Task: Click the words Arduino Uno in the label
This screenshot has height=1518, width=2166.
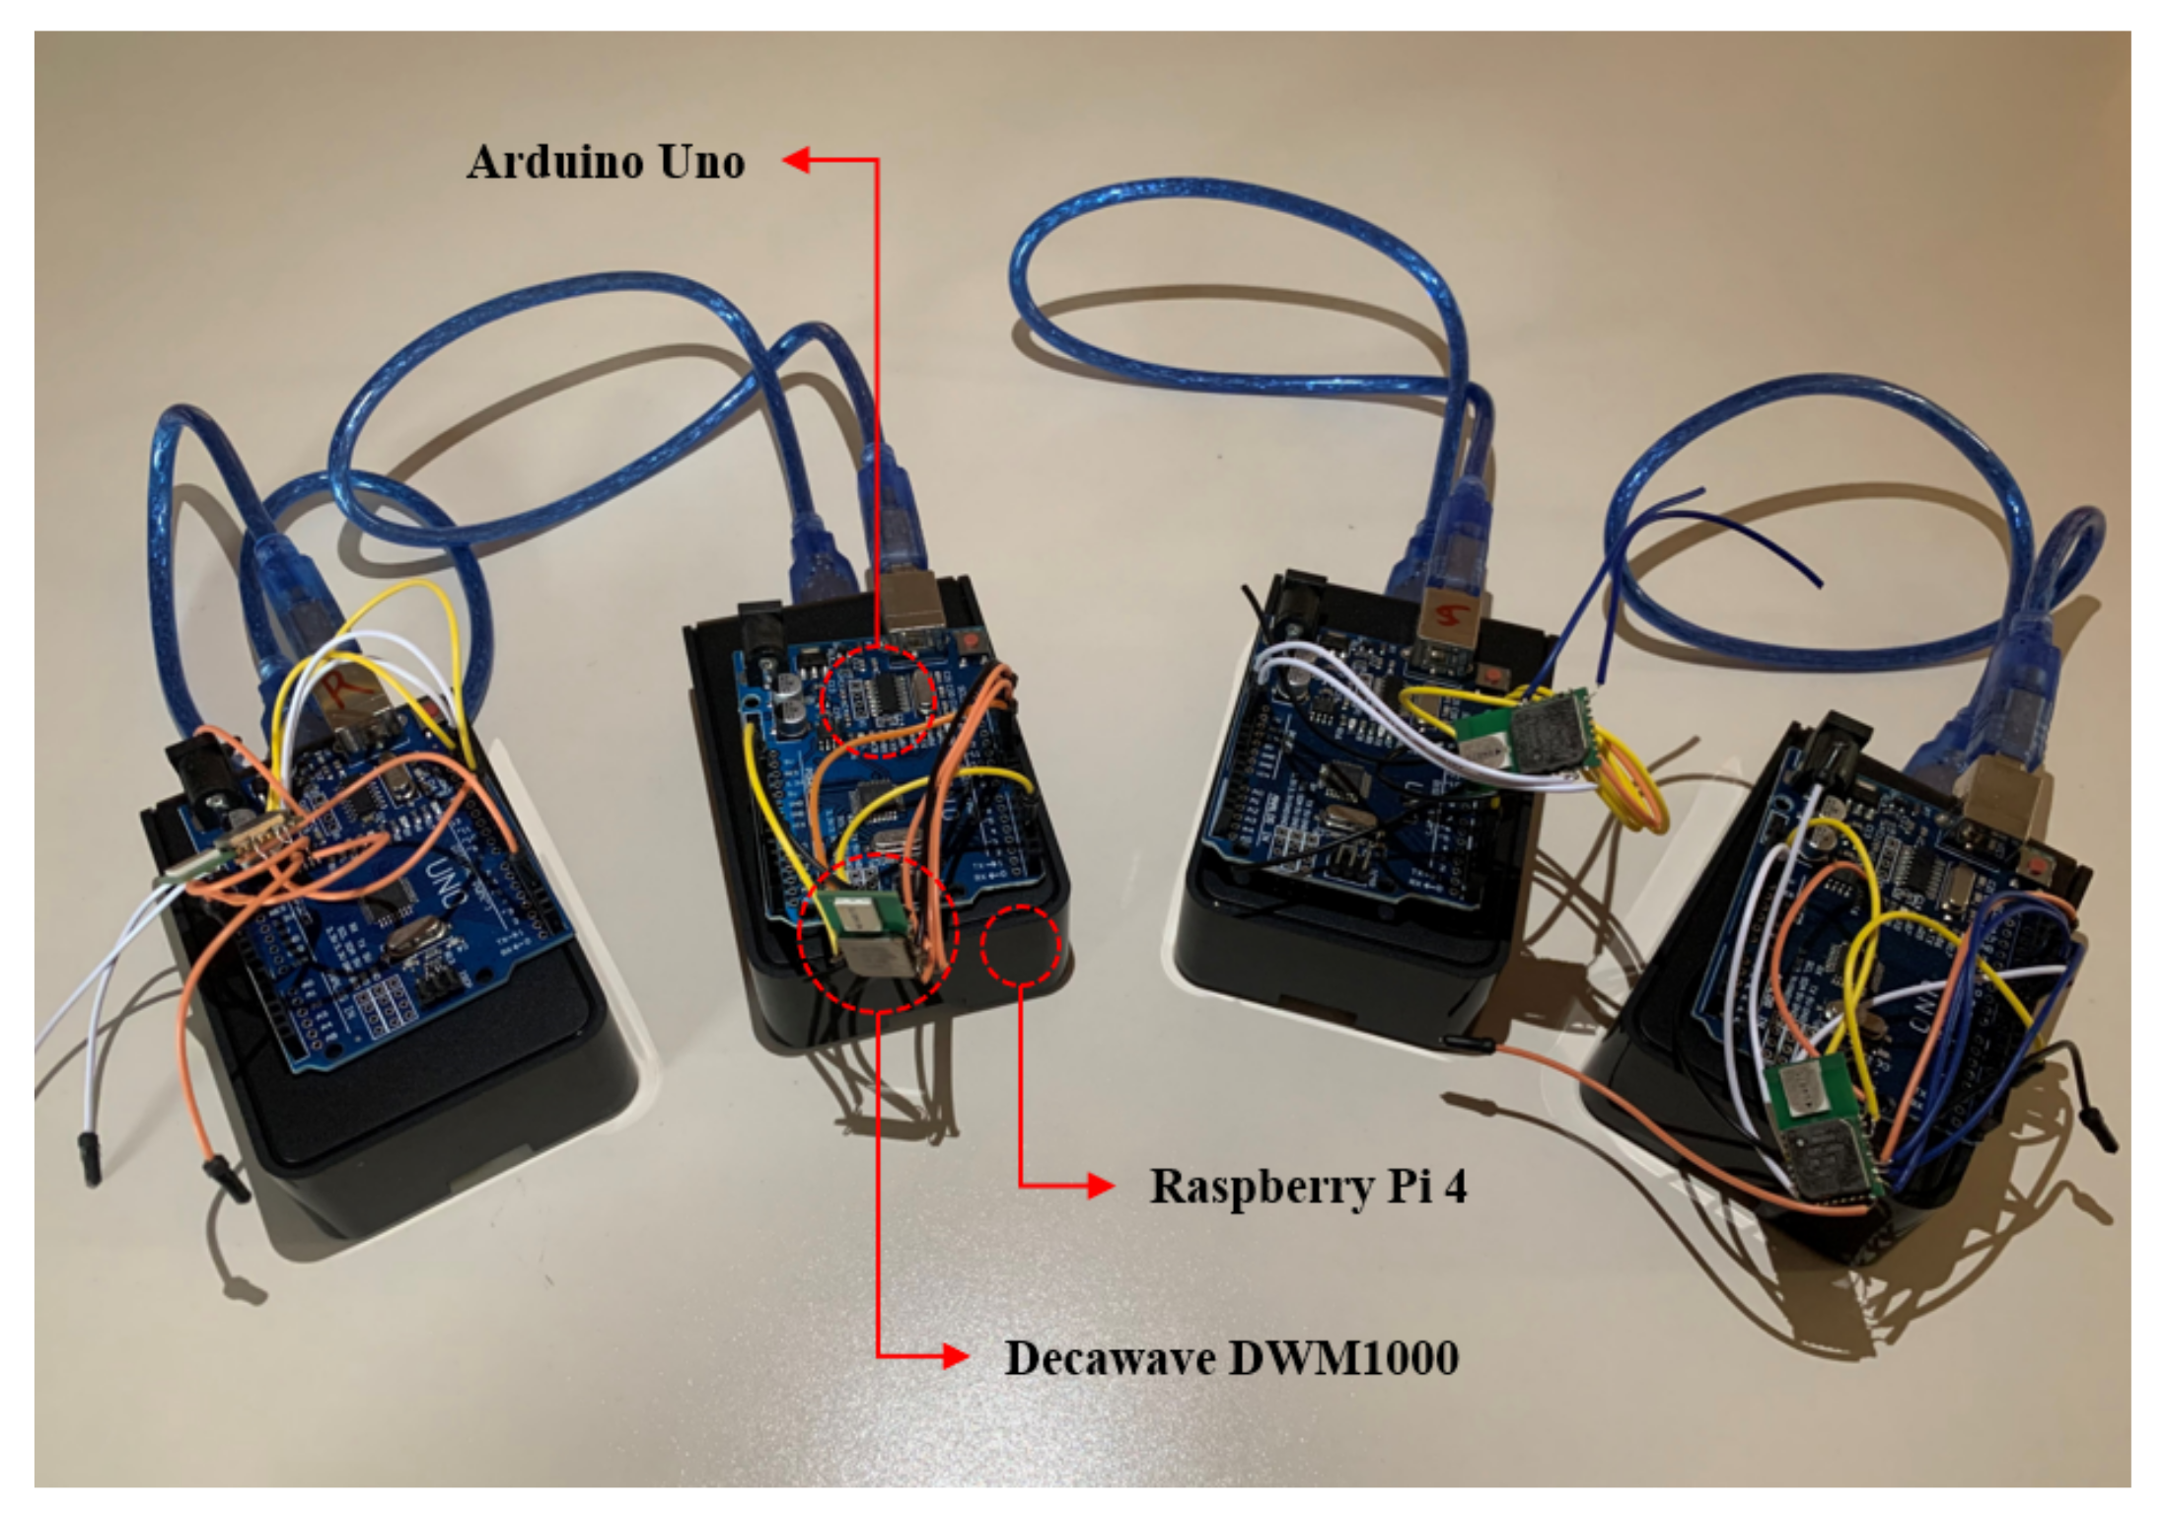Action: click(606, 162)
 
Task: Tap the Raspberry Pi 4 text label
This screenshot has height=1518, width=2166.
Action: click(1308, 1186)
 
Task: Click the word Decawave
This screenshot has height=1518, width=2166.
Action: click(1109, 1358)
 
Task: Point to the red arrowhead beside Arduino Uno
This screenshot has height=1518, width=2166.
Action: click(797, 160)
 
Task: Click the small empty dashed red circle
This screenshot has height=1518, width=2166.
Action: click(1020, 945)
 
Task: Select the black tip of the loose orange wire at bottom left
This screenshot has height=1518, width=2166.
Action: click(225, 1178)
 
